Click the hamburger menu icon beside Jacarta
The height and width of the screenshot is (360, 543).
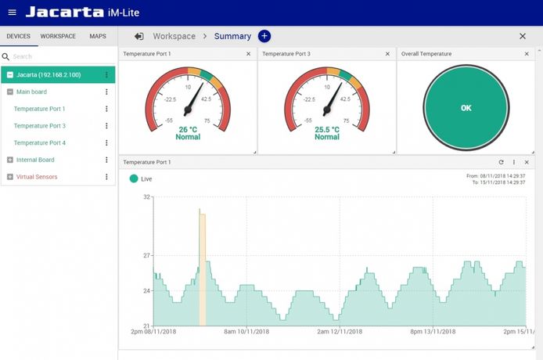coord(12,13)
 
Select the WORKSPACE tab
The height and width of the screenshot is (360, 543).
coord(58,36)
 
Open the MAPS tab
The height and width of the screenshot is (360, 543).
coord(98,36)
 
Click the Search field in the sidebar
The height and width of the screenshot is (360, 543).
coord(59,56)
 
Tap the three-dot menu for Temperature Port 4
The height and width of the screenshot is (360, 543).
coord(106,143)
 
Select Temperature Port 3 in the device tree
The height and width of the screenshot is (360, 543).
coord(40,126)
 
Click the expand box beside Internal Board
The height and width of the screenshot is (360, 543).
coord(10,160)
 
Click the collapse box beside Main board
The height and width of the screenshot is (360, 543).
coord(10,92)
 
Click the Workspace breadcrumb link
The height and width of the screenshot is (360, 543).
coord(174,36)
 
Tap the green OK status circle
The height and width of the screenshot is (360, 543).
coord(466,108)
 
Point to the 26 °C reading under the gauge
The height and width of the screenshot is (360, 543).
coord(188,129)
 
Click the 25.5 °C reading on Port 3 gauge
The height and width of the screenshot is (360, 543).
coord(327,129)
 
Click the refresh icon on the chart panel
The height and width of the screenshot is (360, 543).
coord(501,162)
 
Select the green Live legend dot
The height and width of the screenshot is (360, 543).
coord(134,178)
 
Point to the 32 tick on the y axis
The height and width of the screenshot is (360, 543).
coord(146,197)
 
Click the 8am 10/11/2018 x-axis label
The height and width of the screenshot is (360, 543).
coord(246,332)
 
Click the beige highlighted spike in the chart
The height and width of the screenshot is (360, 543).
coord(201,266)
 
